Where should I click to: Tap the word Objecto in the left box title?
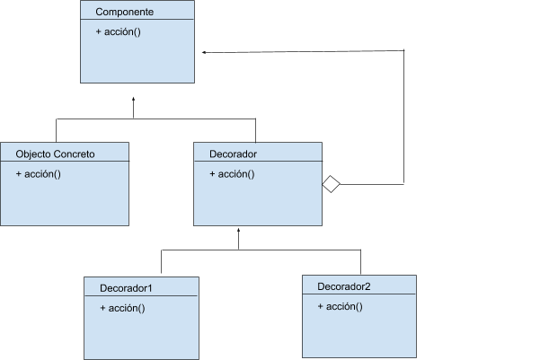coord(35,154)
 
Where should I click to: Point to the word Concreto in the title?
coord(75,154)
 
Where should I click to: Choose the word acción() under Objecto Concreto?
coord(42,173)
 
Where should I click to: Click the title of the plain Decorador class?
coord(233,154)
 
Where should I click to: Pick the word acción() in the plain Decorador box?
coord(236,173)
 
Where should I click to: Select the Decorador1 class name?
coord(126,288)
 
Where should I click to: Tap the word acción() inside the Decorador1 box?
coord(127,308)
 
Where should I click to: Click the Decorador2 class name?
coord(344,286)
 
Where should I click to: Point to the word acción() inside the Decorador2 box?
coord(344,306)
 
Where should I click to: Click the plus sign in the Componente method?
coord(98,31)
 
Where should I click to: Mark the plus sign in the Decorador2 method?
coord(321,306)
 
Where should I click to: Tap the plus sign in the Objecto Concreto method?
coord(19,173)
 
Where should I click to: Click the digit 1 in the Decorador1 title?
coord(150,288)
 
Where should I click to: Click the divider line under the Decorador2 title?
coord(359,295)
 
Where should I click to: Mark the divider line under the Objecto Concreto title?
coord(64,162)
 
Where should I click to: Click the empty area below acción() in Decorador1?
coord(141,337)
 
